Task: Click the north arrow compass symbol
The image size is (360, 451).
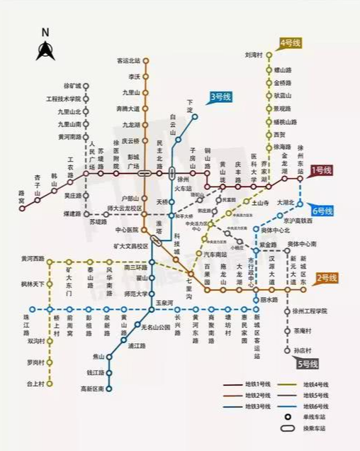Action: pyautogui.click(x=45, y=49)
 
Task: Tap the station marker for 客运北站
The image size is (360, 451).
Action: pyautogui.click(x=146, y=61)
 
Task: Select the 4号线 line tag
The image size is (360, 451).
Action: pyautogui.click(x=291, y=43)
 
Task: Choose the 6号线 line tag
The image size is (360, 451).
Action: pyautogui.click(x=322, y=211)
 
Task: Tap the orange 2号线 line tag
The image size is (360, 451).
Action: pyautogui.click(x=326, y=277)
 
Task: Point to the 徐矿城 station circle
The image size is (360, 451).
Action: pyautogui.click(x=86, y=86)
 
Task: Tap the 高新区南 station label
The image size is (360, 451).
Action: pyautogui.click(x=92, y=389)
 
